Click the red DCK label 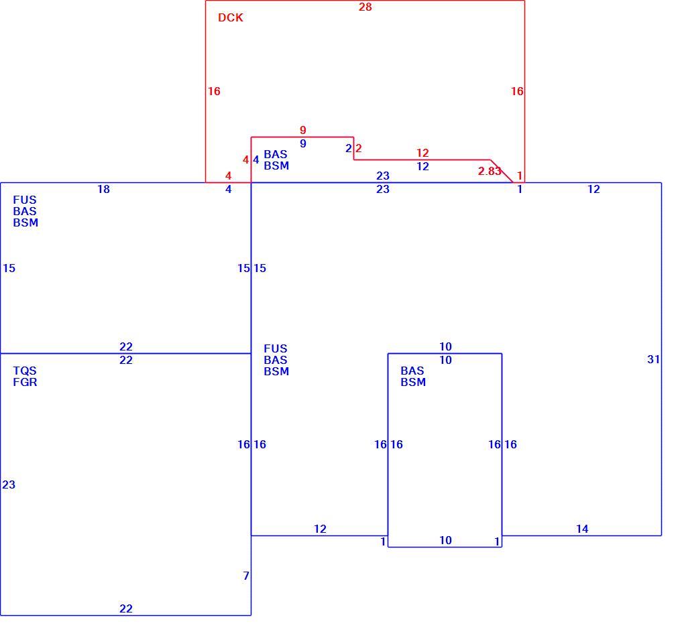(x=230, y=17)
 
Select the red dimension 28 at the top (x=365, y=7)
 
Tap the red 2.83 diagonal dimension (x=490, y=171)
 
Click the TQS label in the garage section (x=25, y=371)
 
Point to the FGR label (x=25, y=382)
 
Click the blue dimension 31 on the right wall (x=653, y=359)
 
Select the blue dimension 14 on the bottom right (x=582, y=529)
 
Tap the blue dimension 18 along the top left (x=103, y=189)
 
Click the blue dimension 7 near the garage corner (x=246, y=576)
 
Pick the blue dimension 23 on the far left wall (x=9, y=485)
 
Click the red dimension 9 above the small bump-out (x=302, y=130)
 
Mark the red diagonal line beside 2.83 (x=502, y=172)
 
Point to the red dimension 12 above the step (x=422, y=153)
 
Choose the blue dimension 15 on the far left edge (x=9, y=268)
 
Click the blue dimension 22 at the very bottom (x=126, y=608)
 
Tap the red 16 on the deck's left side (x=214, y=91)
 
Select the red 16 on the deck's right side (x=517, y=91)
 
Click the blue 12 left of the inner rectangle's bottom (x=320, y=529)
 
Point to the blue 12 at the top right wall (x=593, y=189)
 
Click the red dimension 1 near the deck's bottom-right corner (x=520, y=175)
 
